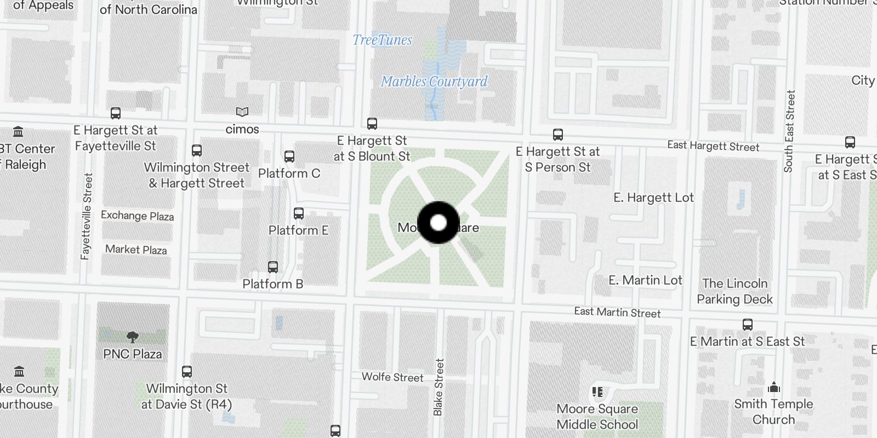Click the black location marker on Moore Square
[x=438, y=223]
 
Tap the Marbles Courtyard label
[x=434, y=82]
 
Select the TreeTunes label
[x=382, y=40]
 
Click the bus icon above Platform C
[x=289, y=157]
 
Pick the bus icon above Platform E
[x=299, y=214]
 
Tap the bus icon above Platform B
[x=273, y=267]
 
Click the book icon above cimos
[x=242, y=112]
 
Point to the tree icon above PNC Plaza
[x=132, y=337]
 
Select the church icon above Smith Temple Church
[x=774, y=388]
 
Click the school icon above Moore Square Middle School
[x=597, y=392]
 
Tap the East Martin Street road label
[x=617, y=312]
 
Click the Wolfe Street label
[x=392, y=377]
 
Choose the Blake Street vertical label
[x=438, y=387]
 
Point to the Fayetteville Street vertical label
[x=87, y=216]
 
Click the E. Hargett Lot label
[x=653, y=198]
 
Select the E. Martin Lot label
[x=645, y=280]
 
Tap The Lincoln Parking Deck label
[x=734, y=291]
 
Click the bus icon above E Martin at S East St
[x=748, y=324]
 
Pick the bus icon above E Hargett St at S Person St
[x=558, y=135]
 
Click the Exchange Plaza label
[x=137, y=216]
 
